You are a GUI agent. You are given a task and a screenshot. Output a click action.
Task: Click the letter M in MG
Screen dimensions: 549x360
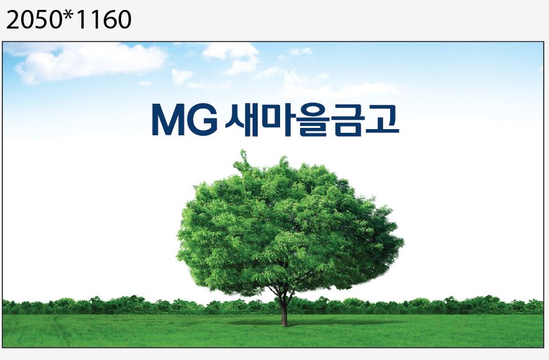168,119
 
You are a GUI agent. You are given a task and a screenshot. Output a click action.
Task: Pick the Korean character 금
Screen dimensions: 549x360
348,119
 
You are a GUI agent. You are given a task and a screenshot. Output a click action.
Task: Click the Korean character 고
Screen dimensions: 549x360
383,119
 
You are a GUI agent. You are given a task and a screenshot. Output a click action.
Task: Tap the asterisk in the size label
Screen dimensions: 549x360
69,15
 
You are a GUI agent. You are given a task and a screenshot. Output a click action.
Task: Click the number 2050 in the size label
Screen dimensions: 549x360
34,20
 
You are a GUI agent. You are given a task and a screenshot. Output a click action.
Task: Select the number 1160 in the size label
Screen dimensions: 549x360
103,20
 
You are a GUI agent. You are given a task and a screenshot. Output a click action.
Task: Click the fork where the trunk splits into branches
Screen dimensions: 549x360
282,295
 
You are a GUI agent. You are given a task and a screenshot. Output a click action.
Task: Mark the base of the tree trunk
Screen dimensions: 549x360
284,325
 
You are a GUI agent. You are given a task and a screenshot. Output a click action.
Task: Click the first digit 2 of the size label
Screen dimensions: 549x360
13,20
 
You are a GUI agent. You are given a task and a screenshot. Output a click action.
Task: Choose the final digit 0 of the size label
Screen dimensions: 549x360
124,20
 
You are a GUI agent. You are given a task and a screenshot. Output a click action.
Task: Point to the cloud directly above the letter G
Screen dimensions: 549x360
231,58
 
